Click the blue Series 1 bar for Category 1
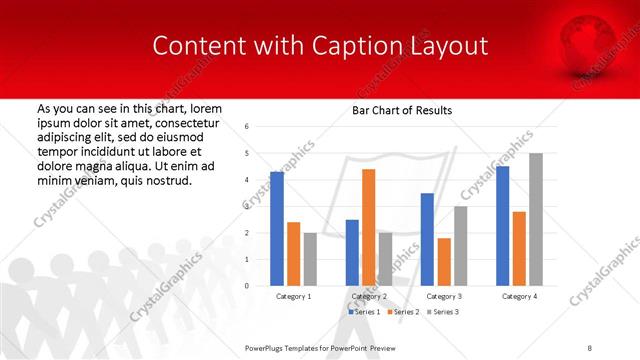tap(277, 229)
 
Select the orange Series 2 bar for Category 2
tap(368, 227)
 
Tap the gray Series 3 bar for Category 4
tap(536, 219)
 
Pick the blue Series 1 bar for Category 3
tap(427, 239)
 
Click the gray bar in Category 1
tap(311, 259)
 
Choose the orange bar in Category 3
tap(444, 261)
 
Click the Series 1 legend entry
tap(363, 313)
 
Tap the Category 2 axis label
tap(369, 297)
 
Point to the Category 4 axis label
tap(519, 297)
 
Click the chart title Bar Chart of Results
tap(403, 110)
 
